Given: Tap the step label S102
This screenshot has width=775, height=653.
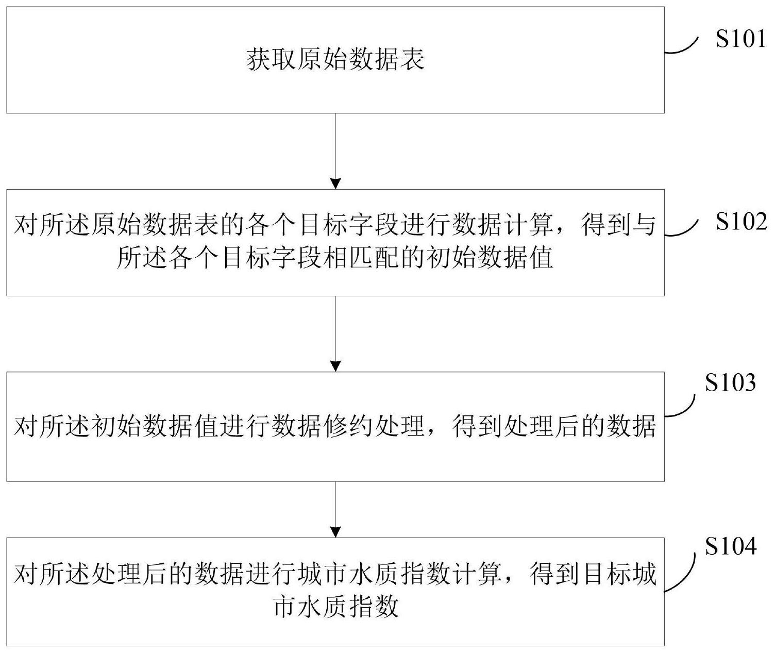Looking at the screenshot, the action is point(741,221).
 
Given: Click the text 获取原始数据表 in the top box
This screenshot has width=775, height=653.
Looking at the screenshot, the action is point(335,59).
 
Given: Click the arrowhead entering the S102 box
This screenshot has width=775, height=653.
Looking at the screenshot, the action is point(335,184).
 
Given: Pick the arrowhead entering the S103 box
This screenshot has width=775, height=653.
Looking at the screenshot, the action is point(335,366).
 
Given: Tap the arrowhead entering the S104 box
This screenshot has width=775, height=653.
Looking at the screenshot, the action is point(335,532).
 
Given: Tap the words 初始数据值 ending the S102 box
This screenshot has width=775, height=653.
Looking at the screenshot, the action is point(489,257).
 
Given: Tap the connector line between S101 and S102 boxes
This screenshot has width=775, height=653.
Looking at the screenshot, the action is point(335,146).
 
